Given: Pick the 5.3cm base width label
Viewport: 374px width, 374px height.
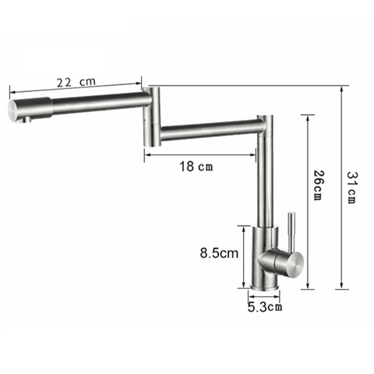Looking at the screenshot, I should coord(264,306).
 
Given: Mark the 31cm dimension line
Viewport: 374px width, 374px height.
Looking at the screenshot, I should coord(340,187).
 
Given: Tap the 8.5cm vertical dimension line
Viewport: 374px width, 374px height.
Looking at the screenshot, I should coord(244,257).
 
